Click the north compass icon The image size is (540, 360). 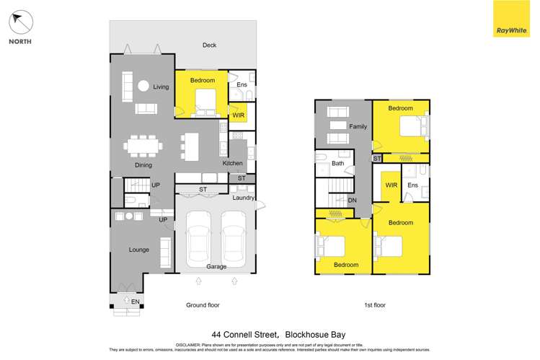[20, 23]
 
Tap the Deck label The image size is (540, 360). [209, 45]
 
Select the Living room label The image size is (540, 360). [161, 87]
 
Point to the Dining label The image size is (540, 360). [143, 165]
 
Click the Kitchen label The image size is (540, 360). [233, 163]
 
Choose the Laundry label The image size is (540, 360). [244, 197]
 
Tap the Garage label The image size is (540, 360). [216, 266]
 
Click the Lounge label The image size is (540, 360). [139, 250]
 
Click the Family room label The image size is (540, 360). [358, 126]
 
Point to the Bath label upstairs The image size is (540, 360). [337, 164]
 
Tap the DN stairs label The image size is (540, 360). [353, 200]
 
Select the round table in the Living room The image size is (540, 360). [143, 86]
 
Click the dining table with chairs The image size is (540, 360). [143, 146]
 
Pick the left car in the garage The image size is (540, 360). [199, 237]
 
